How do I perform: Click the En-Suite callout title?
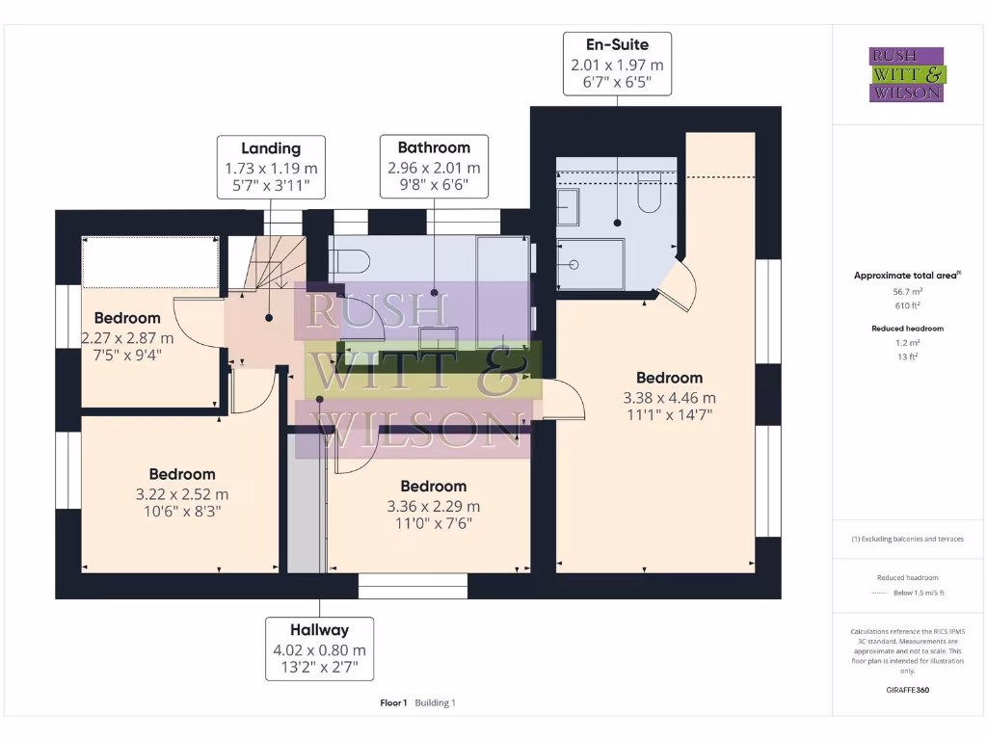[x=617, y=44]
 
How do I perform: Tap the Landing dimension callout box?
[x=270, y=167]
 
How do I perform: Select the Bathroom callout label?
[x=434, y=147]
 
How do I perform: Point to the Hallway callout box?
[x=319, y=649]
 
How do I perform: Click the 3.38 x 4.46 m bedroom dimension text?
[x=670, y=397]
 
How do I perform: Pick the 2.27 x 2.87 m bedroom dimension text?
[x=127, y=337]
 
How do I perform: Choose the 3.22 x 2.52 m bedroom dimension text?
[x=182, y=493]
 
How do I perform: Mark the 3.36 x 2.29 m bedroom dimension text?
[x=434, y=506]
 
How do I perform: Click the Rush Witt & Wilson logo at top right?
[x=908, y=74]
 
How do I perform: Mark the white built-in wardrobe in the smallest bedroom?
[x=149, y=261]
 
